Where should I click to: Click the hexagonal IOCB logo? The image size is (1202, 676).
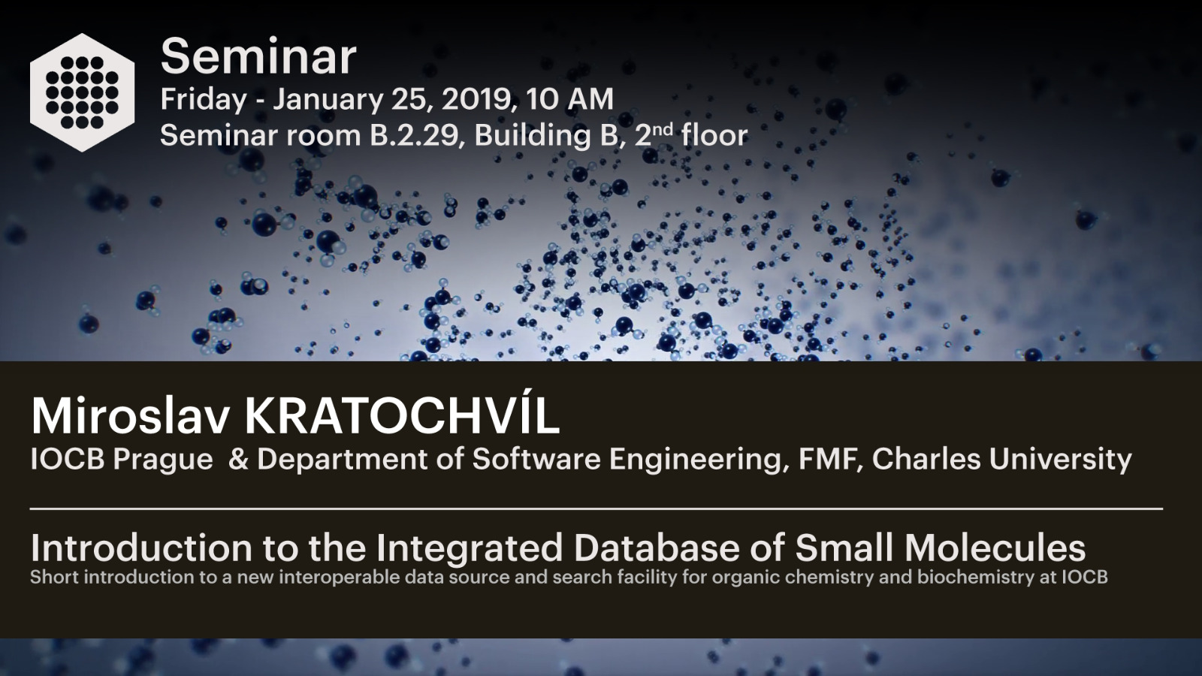[x=82, y=92]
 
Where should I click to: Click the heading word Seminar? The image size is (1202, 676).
[x=258, y=56]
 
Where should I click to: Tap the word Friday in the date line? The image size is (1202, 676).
[x=204, y=100]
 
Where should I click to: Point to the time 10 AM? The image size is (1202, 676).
[x=570, y=99]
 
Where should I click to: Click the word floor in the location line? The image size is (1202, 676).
[x=714, y=134]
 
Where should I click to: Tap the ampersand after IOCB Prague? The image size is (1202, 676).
[x=237, y=460]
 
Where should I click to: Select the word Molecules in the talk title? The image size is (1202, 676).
[x=995, y=548]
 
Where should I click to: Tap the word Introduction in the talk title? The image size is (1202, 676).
[x=141, y=548]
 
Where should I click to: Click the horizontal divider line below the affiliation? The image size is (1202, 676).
[x=596, y=509]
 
